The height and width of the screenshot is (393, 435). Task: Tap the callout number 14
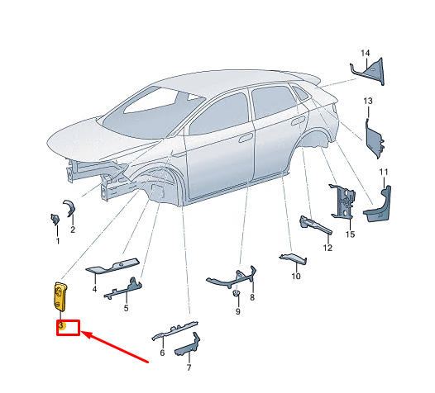tap(365, 53)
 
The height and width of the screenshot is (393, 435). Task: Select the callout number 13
tap(368, 101)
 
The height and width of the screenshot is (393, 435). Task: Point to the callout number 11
tap(384, 173)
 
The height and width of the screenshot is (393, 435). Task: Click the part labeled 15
tap(342, 202)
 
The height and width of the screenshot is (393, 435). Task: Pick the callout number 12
tap(327, 248)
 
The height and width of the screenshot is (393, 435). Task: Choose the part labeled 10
tap(294, 258)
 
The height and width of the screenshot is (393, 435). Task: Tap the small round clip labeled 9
tap(236, 293)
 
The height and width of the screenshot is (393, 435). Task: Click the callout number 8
tap(252, 297)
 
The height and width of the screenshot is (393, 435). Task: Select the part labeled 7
tap(188, 346)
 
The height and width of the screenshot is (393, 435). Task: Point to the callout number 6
tap(162, 353)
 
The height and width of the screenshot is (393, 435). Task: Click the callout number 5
tap(126, 308)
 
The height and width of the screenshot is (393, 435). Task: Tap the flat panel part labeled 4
tap(112, 266)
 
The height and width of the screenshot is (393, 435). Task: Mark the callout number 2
tap(73, 230)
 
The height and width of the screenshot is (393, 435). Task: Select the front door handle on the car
tap(246, 138)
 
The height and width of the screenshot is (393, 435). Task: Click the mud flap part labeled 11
tap(378, 206)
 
